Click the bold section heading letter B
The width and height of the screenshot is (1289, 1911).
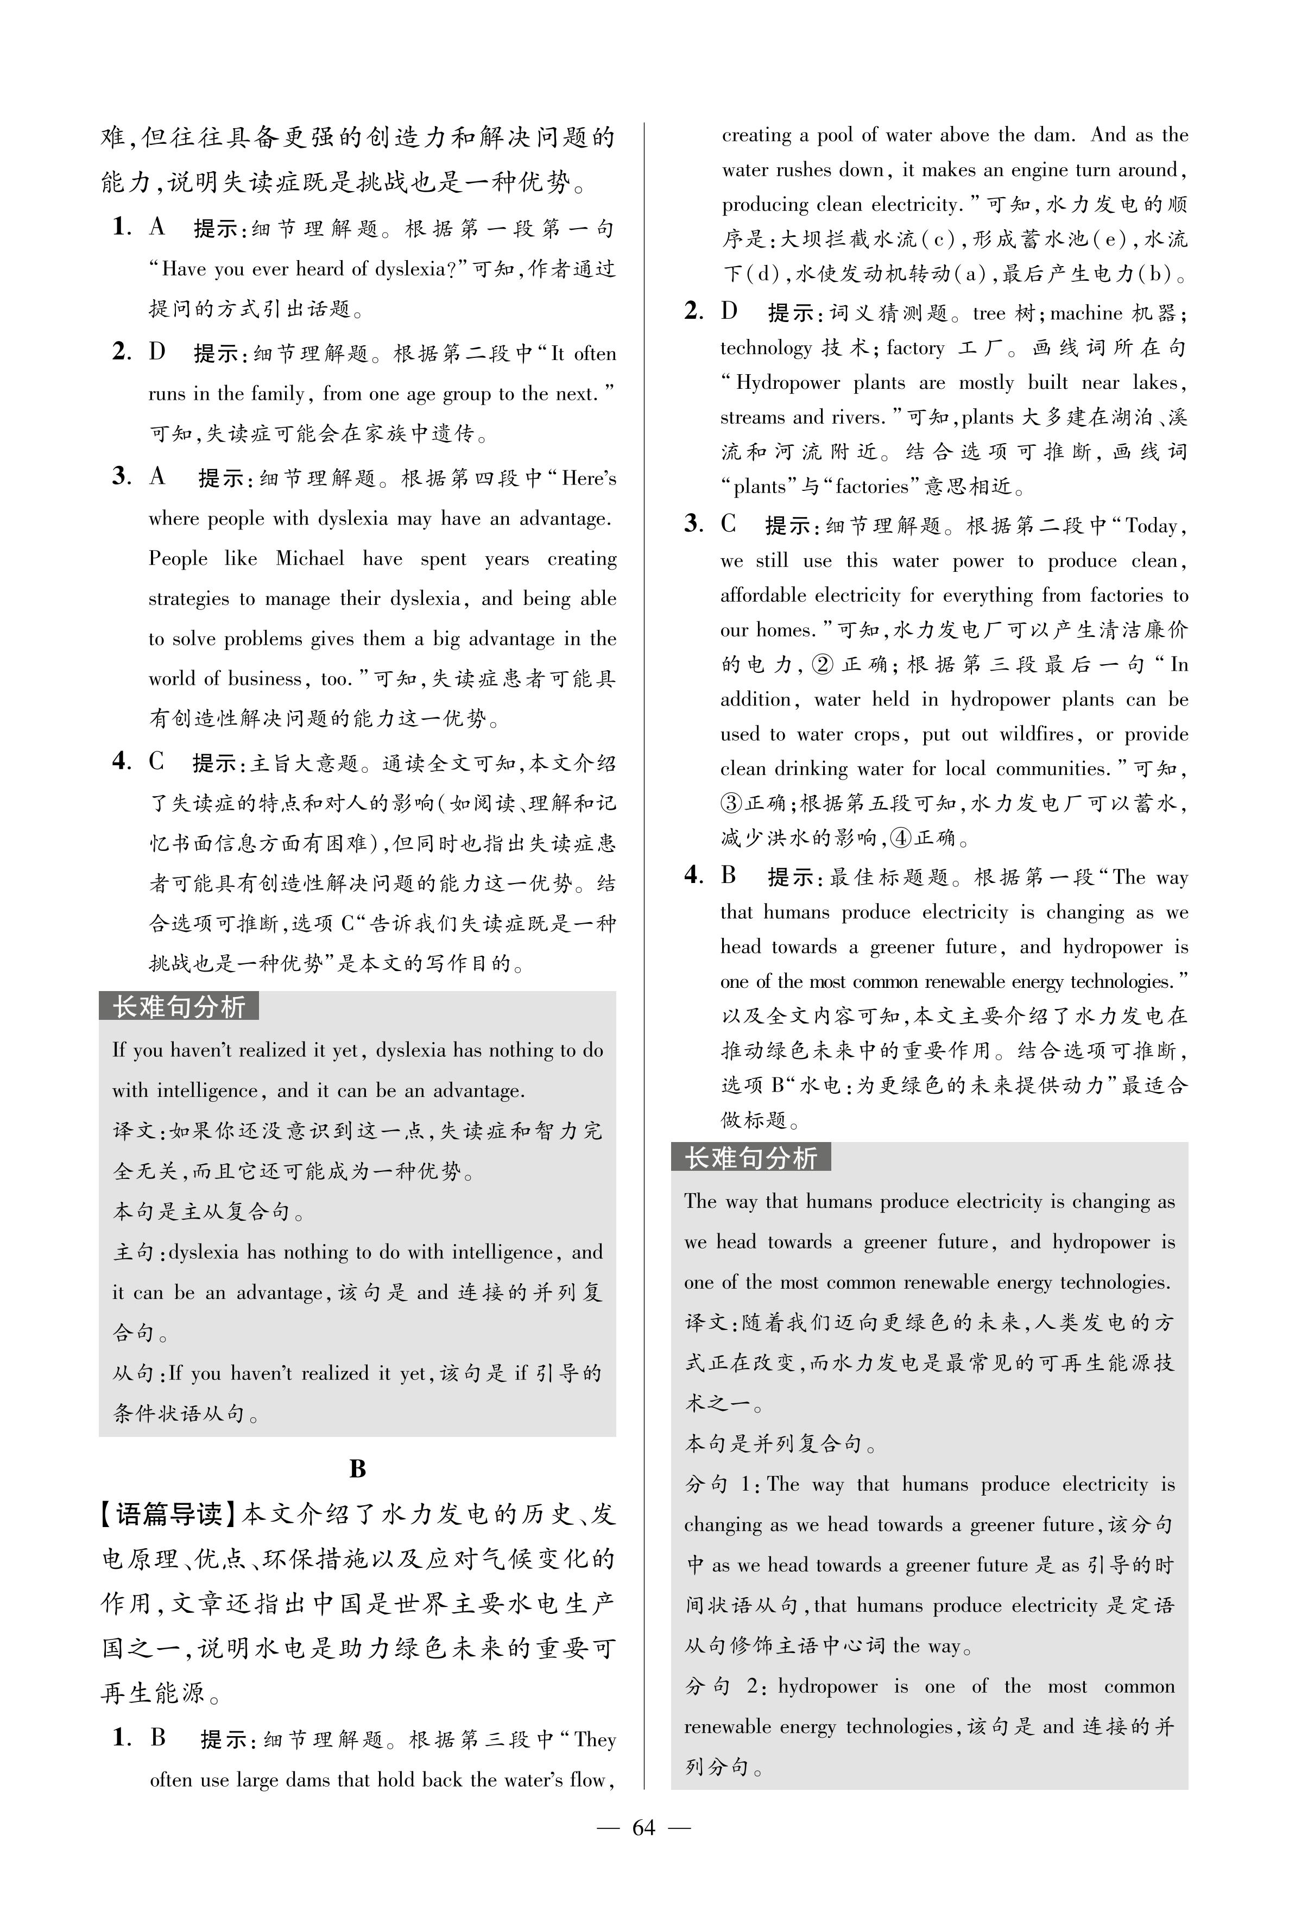click(x=357, y=1469)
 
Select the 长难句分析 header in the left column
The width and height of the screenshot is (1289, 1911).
click(x=179, y=1006)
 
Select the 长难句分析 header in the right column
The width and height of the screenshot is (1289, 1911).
click(x=750, y=1157)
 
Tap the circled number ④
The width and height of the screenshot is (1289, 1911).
click(x=901, y=838)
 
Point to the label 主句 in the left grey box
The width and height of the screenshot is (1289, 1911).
click(x=133, y=1253)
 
